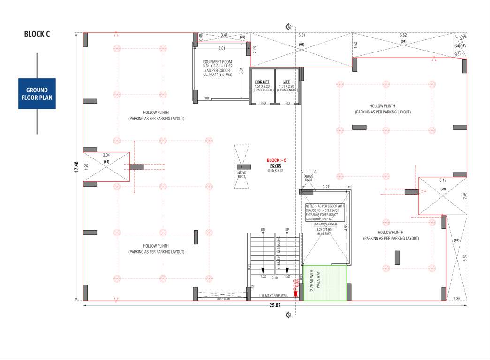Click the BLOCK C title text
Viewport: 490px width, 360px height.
37,34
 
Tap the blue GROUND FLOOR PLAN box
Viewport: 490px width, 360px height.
37,94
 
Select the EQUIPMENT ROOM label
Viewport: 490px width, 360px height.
217,62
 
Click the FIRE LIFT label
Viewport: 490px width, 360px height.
262,82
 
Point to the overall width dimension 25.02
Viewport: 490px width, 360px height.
275,306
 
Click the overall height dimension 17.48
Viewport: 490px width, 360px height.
76,166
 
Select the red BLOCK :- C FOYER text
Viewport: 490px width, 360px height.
276,163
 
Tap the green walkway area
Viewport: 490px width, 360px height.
325,283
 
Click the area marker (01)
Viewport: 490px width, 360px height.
106,162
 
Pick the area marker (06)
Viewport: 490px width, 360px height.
443,188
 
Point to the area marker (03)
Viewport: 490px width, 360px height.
302,45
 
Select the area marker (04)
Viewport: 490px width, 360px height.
403,42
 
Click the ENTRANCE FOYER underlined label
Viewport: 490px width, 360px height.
325,225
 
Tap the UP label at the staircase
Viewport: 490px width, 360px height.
287,230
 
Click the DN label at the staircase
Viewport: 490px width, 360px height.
263,230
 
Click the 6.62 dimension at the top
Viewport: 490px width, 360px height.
403,35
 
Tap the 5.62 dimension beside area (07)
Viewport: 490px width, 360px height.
464,257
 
